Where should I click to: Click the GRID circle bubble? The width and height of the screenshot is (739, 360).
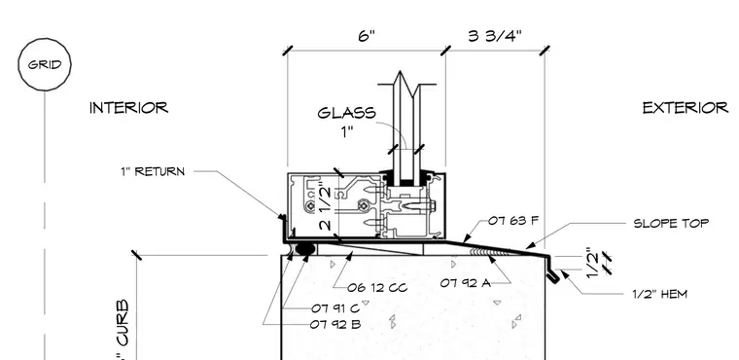(45, 64)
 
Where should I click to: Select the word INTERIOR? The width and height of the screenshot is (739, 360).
(128, 108)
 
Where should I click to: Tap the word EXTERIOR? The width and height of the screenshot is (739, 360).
(686, 108)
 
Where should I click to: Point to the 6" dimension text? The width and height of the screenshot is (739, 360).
(367, 36)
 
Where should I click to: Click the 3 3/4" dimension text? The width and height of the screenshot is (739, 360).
(495, 36)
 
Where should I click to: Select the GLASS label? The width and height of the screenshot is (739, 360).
(347, 113)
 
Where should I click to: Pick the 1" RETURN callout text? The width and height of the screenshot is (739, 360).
(153, 171)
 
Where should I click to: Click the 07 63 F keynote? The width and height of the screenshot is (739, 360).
(512, 220)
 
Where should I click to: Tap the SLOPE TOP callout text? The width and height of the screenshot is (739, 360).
(671, 223)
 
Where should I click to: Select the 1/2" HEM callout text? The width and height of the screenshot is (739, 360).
(660, 295)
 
